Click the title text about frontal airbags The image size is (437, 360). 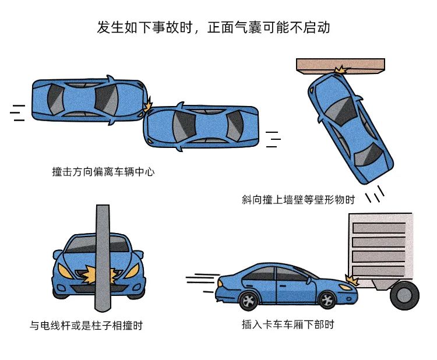tap(213, 27)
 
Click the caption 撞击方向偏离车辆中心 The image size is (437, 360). tap(103, 172)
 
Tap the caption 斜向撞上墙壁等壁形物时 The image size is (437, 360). tap(298, 199)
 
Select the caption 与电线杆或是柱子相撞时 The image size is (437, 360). tap(86, 325)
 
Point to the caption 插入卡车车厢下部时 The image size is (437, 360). tap(288, 324)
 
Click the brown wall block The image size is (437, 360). tap(340, 66)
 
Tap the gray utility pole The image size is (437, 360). tap(103, 258)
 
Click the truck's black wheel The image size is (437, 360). tap(404, 295)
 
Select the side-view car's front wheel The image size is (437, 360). tap(327, 300)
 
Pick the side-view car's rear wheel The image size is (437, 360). tap(249, 301)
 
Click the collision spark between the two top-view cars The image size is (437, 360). tap(148, 104)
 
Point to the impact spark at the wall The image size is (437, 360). tap(341, 70)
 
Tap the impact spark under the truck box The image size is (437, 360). tap(352, 280)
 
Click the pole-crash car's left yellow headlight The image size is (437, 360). tap(65, 271)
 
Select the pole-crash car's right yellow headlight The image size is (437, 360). tap(132, 271)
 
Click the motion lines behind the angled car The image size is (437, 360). tap(375, 193)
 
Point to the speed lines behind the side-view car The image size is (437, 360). tap(202, 282)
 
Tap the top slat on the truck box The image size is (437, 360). tap(379, 228)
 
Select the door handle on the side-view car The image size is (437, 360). tap(283, 286)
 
